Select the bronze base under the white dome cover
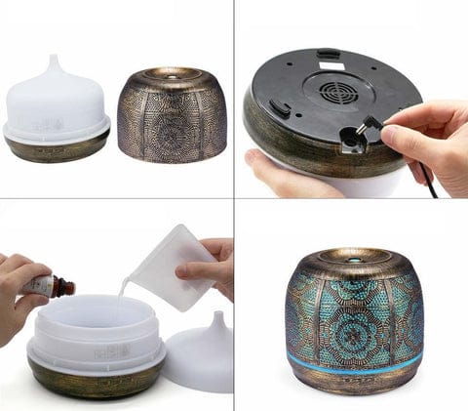pos(58,147)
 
